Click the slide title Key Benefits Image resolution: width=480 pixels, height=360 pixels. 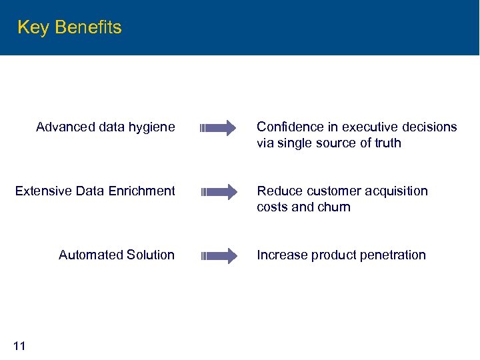coord(69,27)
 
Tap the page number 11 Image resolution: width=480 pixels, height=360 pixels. coord(19,345)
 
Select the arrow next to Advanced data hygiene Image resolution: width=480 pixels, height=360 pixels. coord(218,128)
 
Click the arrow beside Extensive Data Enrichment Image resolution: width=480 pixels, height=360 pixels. coord(218,192)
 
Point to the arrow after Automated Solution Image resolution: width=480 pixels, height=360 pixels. coord(218,256)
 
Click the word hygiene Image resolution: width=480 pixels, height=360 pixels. coord(153,127)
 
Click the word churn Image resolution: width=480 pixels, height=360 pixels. coord(335,207)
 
